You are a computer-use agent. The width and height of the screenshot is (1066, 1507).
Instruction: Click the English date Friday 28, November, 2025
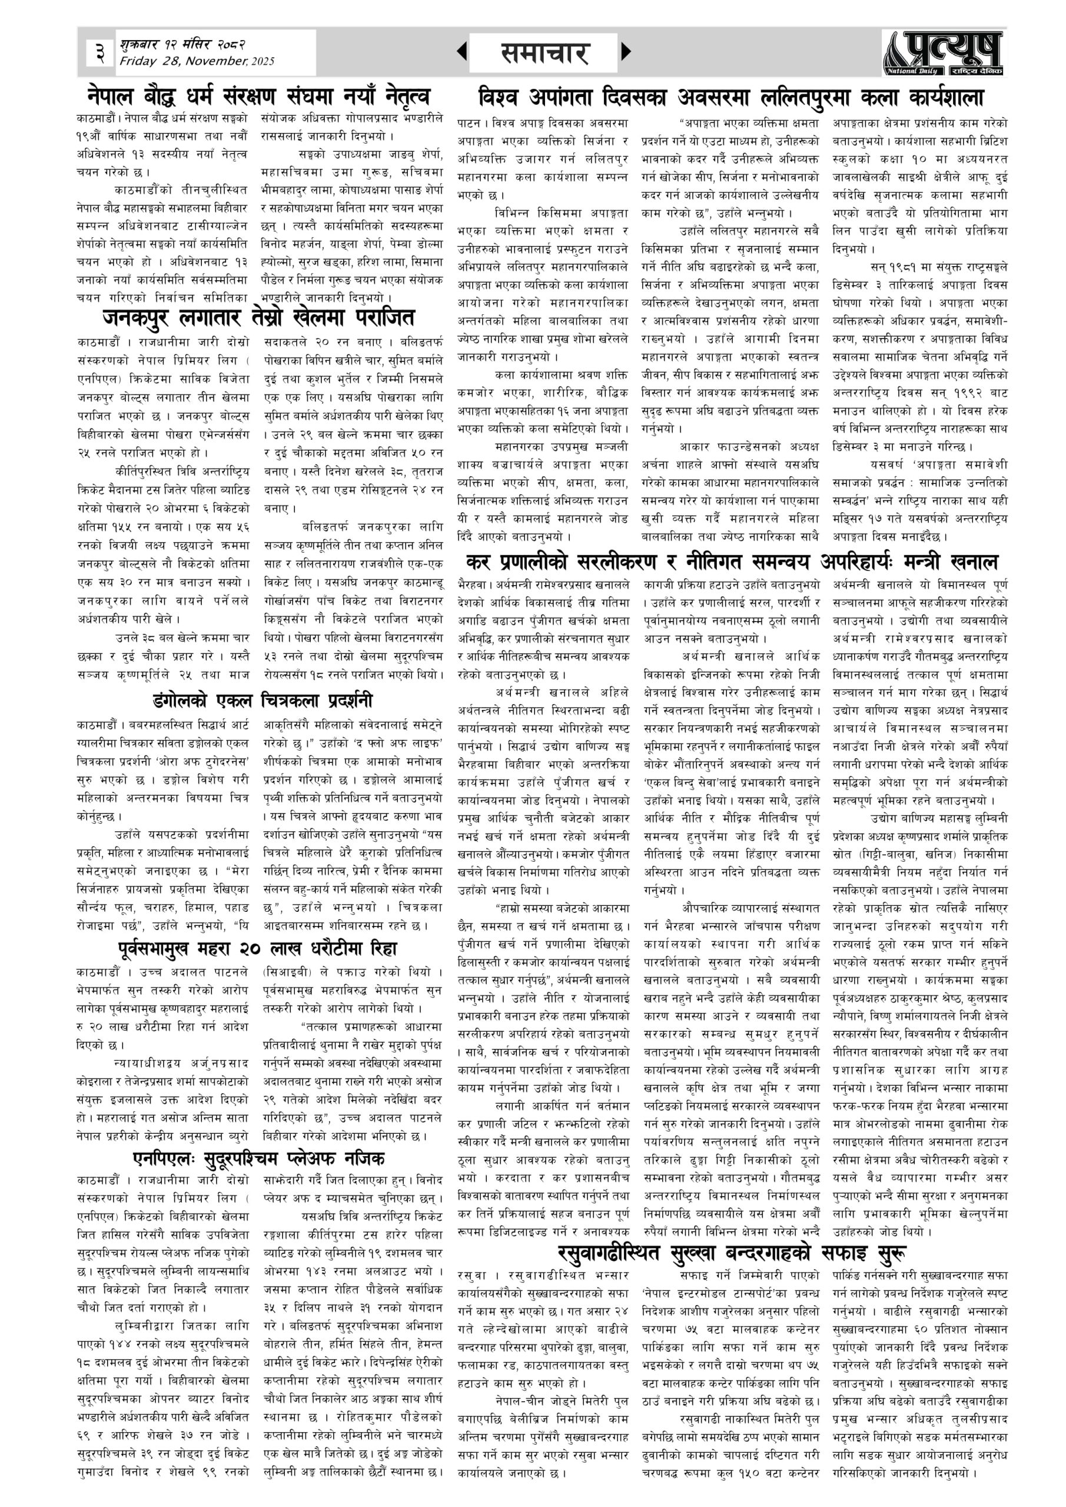pyautogui.click(x=197, y=62)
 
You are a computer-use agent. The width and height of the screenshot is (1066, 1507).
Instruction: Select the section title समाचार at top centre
pyautogui.click(x=543, y=53)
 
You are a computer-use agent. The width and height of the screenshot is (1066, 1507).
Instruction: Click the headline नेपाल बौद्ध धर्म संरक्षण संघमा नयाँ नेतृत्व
pyautogui.click(x=259, y=97)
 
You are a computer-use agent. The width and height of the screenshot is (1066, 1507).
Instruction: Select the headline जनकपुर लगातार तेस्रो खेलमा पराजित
pyautogui.click(x=258, y=318)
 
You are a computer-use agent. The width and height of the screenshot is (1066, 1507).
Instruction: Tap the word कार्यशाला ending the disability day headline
pyautogui.click(x=947, y=98)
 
